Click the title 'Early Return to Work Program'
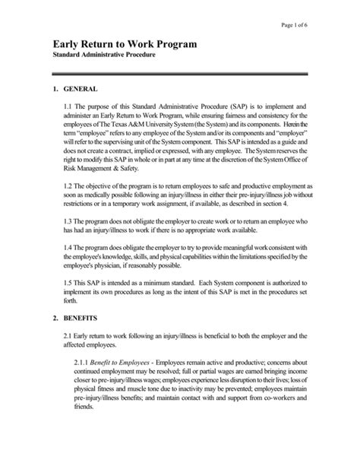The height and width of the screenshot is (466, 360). (128, 45)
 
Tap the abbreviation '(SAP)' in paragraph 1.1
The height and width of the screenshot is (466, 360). (216, 108)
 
